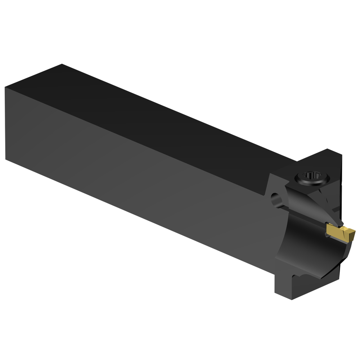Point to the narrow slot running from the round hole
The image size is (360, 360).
coord(302,216)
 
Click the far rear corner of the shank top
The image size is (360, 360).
coord(62,64)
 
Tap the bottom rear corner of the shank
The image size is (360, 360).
coord(6,158)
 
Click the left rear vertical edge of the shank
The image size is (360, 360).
coord(6,122)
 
